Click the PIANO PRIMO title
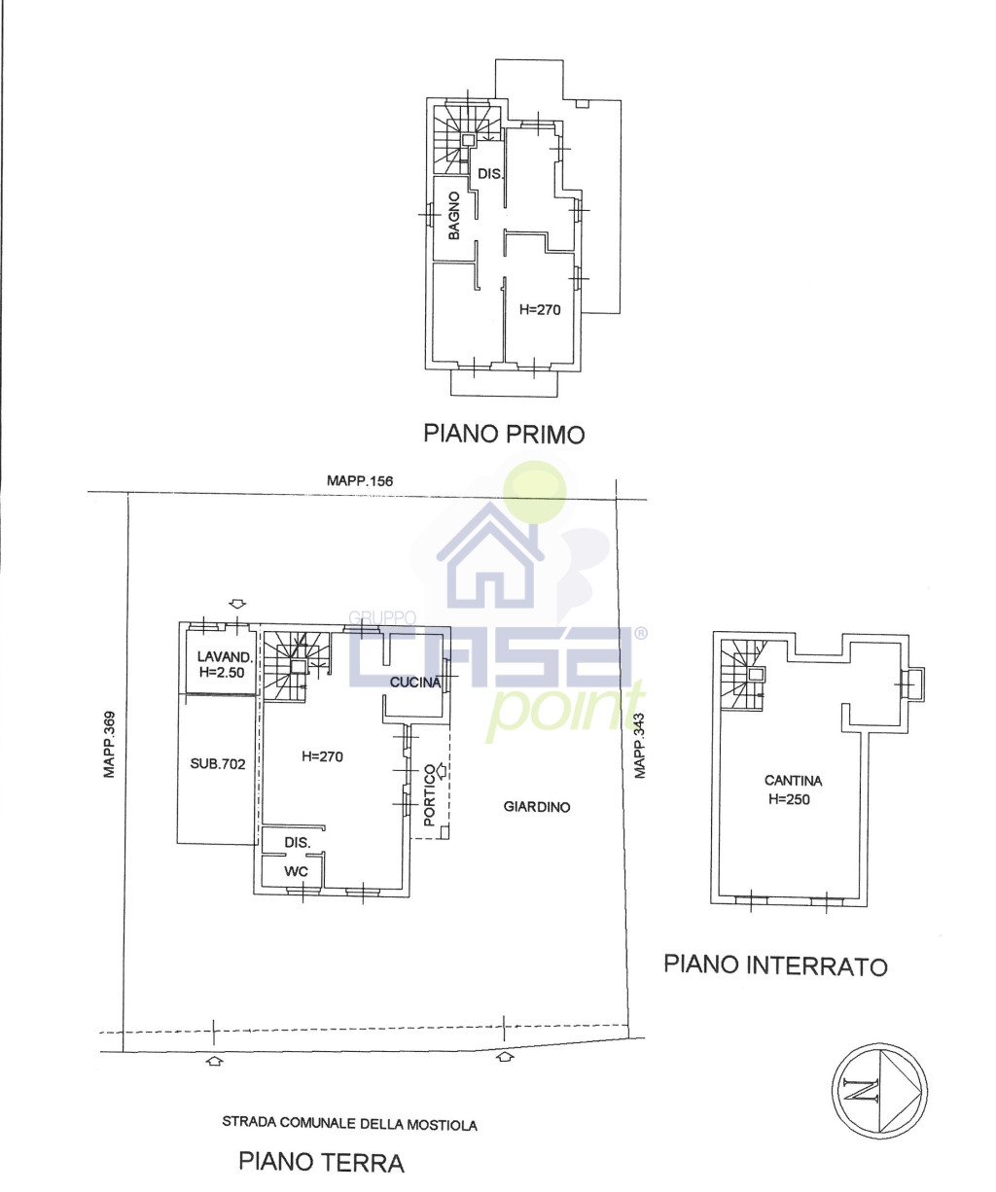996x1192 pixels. [504, 435]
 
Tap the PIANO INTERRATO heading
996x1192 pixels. [775, 964]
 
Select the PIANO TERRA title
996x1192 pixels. [321, 1162]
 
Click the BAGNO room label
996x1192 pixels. [454, 215]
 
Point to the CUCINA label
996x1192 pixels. [415, 682]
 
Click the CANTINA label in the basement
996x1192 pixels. [793, 781]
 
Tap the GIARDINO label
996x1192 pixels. [536, 807]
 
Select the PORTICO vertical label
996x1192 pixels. [430, 795]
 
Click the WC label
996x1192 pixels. [296, 871]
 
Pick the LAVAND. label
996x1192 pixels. [225, 656]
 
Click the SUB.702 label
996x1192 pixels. [218, 763]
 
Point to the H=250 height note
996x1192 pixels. [789, 799]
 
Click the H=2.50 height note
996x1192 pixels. [222, 672]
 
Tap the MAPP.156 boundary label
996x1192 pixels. [360, 480]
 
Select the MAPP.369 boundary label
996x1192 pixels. [109, 745]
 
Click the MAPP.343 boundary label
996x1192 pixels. [640, 746]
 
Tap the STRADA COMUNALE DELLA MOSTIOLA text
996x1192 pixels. [349, 1124]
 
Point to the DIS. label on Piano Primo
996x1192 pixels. [490, 173]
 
